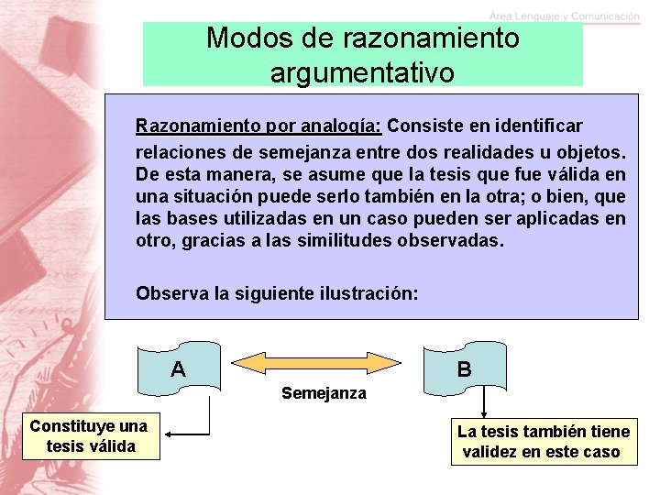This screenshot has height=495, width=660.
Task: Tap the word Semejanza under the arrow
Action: pyautogui.click(x=324, y=393)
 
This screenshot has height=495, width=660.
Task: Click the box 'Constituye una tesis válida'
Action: pyautogui.click(x=88, y=436)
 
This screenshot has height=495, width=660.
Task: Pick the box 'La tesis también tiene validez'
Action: pyautogui.click(x=544, y=442)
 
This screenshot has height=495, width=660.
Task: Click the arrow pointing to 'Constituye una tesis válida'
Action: pyautogui.click(x=188, y=434)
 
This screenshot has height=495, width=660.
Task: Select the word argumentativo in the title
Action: pyautogui.click(x=362, y=72)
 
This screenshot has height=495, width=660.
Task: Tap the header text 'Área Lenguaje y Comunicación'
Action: pyautogui.click(x=565, y=16)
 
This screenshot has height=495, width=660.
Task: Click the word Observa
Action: pyautogui.click(x=170, y=294)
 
